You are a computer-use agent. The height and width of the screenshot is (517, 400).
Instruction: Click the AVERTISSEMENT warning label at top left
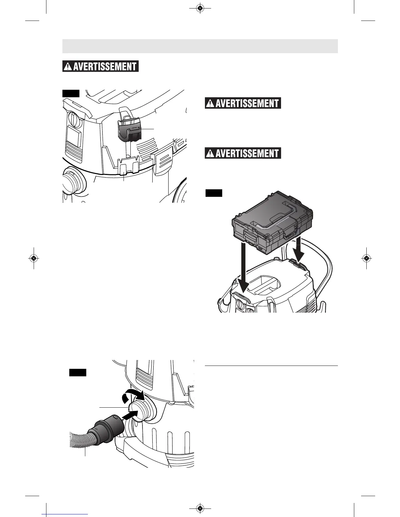(101, 66)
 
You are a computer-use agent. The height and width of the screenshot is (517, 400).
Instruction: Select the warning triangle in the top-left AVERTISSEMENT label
(68, 67)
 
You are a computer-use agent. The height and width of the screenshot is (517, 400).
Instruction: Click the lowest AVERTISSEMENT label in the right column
(243, 153)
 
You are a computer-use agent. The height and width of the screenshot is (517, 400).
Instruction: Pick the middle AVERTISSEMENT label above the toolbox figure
(243, 103)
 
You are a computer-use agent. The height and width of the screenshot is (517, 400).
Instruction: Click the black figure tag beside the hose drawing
(77, 372)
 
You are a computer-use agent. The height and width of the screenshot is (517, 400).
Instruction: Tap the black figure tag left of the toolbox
(214, 193)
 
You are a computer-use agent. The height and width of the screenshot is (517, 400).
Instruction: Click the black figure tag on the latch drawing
(71, 94)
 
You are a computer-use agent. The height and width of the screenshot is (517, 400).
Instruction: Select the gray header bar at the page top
(200, 46)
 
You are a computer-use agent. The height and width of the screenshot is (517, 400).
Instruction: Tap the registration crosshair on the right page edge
(366, 258)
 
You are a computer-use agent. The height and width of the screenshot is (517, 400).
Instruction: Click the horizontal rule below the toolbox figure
(271, 366)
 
